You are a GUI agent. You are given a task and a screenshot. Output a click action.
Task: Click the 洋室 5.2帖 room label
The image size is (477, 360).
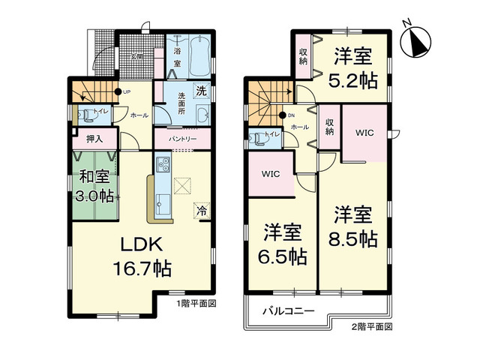[353, 68]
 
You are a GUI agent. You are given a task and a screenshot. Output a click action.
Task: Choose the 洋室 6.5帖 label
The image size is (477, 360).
[282, 244]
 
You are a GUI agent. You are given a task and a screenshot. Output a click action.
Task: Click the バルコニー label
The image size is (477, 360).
[288, 310]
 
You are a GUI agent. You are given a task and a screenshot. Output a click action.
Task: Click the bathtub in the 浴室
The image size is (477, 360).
[197, 53]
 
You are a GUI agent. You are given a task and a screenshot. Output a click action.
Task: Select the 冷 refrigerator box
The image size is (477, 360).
[202, 210]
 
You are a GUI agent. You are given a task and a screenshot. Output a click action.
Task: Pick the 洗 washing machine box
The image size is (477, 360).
[200, 91]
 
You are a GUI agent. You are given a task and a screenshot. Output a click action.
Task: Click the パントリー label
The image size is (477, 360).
[182, 139]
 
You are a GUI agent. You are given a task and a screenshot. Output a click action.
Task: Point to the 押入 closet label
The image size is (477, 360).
[95, 139]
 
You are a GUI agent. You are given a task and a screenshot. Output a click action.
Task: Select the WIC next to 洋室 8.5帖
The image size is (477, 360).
[364, 132]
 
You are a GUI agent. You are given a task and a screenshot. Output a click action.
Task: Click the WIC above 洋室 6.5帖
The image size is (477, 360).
[271, 174]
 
